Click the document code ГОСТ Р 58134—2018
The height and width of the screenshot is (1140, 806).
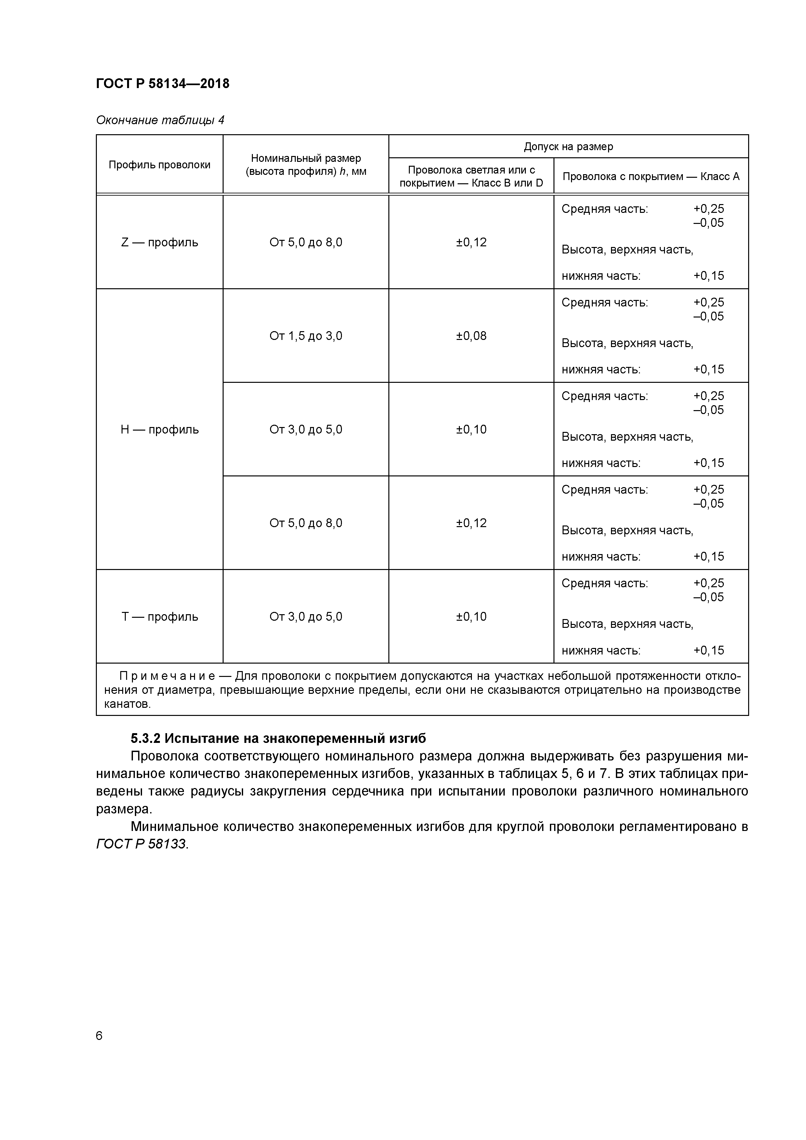162,84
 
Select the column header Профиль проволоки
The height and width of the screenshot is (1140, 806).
159,165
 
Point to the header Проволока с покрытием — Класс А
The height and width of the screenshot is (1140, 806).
651,176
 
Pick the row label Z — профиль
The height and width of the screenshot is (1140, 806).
159,242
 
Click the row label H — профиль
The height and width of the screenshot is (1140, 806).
159,430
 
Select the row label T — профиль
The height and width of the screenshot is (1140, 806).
159,617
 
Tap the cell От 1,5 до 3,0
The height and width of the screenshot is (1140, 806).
305,336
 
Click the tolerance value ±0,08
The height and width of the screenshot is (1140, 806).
471,336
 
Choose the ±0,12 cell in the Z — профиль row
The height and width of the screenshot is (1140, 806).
471,242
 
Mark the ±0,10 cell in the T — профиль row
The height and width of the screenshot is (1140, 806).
471,617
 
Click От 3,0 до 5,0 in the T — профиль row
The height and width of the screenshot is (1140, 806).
305,617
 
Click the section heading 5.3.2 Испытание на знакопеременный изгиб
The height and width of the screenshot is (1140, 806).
278,738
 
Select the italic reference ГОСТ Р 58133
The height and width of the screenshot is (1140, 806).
141,844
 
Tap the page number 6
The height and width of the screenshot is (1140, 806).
99,1036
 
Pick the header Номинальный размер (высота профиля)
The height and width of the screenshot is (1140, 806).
305,165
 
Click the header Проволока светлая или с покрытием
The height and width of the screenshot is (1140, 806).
471,176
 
